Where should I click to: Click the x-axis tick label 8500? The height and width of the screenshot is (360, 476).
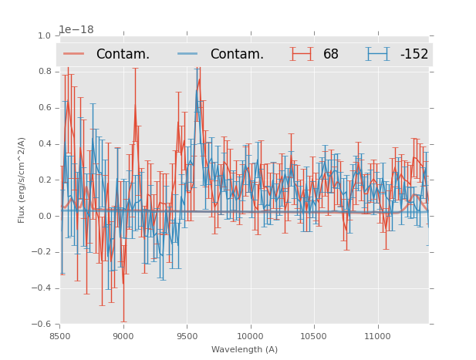click(x=60, y=336)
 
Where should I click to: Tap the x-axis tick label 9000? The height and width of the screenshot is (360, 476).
click(x=123, y=336)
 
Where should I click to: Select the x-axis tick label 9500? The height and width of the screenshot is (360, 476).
click(x=187, y=336)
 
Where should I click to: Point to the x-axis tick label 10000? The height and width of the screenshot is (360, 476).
click(x=250, y=336)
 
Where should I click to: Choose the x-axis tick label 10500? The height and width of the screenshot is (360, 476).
click(x=313, y=336)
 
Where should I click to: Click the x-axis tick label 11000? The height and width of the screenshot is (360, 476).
click(x=376, y=336)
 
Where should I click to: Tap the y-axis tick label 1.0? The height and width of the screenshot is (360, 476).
click(x=44, y=36)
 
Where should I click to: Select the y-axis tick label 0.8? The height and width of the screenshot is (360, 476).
click(x=44, y=72)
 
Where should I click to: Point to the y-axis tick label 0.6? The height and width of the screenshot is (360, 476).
click(x=44, y=108)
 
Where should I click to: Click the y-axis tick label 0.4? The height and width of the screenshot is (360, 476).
click(x=44, y=144)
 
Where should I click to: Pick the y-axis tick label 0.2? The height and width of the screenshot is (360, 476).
click(x=44, y=180)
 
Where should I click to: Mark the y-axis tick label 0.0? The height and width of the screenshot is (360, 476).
click(x=44, y=217)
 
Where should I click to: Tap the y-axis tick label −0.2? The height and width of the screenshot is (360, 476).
click(x=42, y=252)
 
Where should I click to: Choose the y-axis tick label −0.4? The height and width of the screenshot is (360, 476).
click(x=42, y=288)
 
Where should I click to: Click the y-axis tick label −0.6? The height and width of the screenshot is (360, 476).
click(x=42, y=325)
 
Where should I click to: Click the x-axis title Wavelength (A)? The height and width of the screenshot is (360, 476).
click(x=245, y=349)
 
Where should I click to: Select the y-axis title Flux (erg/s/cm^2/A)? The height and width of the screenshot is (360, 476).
click(x=22, y=180)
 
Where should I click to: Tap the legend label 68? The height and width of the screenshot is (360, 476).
click(x=331, y=55)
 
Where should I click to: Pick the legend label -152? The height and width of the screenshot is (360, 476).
click(x=414, y=55)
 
